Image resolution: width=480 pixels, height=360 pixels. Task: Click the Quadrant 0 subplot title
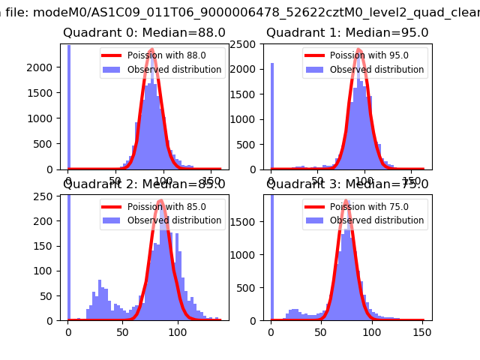(x=143, y=33)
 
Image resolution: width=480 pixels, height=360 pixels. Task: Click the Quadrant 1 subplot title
(x=347, y=33)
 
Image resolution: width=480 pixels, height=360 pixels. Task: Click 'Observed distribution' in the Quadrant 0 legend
(x=184, y=70)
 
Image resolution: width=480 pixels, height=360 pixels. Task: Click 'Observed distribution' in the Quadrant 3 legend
(x=386, y=220)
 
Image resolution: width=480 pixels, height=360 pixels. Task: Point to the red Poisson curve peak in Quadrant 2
(x=161, y=201)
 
